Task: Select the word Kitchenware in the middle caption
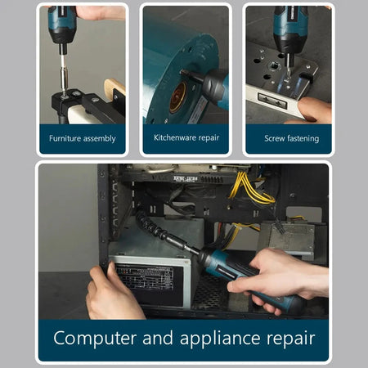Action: tap(173, 137)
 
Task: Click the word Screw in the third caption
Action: tap(276, 138)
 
